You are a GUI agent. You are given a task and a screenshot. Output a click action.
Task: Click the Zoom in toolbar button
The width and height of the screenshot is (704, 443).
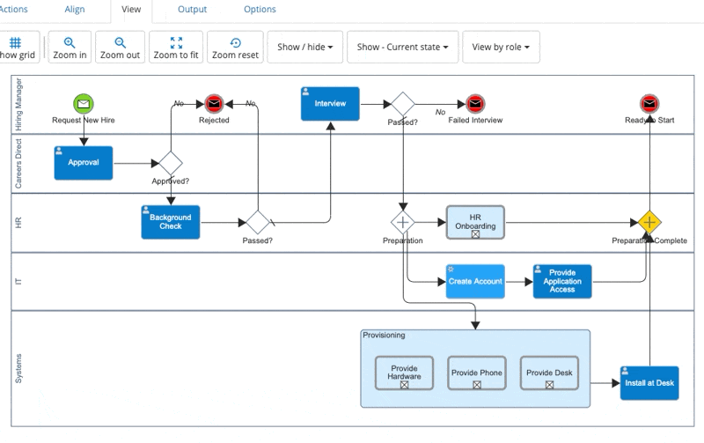coord(70,48)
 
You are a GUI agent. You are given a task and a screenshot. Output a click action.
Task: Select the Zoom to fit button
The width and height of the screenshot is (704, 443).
coord(176,48)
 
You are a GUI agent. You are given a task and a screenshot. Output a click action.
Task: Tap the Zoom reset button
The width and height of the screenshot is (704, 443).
coord(235,48)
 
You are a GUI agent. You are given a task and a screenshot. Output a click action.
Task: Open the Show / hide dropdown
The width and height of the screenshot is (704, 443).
coord(304,47)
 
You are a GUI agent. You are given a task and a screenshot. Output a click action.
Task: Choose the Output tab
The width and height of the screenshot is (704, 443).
coord(192,10)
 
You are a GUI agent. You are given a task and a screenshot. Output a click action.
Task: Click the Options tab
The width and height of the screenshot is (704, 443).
coord(260,10)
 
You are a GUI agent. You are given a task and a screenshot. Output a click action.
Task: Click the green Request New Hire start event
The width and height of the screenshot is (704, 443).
coord(84,103)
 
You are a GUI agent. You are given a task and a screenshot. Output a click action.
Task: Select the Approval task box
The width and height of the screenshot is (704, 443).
coord(84,163)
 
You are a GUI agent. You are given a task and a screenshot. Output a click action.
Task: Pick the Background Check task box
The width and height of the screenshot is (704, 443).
coord(171,222)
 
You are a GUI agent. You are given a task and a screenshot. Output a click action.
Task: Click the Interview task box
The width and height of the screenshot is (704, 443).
coord(330,104)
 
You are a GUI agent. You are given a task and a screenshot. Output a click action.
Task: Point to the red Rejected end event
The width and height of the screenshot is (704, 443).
coord(214,103)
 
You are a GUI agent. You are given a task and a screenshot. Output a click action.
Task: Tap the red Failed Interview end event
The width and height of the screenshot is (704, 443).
coord(475,103)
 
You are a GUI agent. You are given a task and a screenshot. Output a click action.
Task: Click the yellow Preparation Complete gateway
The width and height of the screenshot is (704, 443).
coord(649,222)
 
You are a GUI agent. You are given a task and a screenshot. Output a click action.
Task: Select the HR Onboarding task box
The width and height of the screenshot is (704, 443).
coord(475,222)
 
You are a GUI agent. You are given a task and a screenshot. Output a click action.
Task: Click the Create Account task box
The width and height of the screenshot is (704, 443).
coord(475,282)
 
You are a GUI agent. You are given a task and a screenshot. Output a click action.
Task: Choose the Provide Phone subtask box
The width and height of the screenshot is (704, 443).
coord(476,373)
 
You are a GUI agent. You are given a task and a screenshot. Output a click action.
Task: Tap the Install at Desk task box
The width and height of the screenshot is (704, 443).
coord(649,383)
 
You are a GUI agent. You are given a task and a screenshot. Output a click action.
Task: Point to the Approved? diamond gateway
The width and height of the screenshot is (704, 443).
coord(171,163)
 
